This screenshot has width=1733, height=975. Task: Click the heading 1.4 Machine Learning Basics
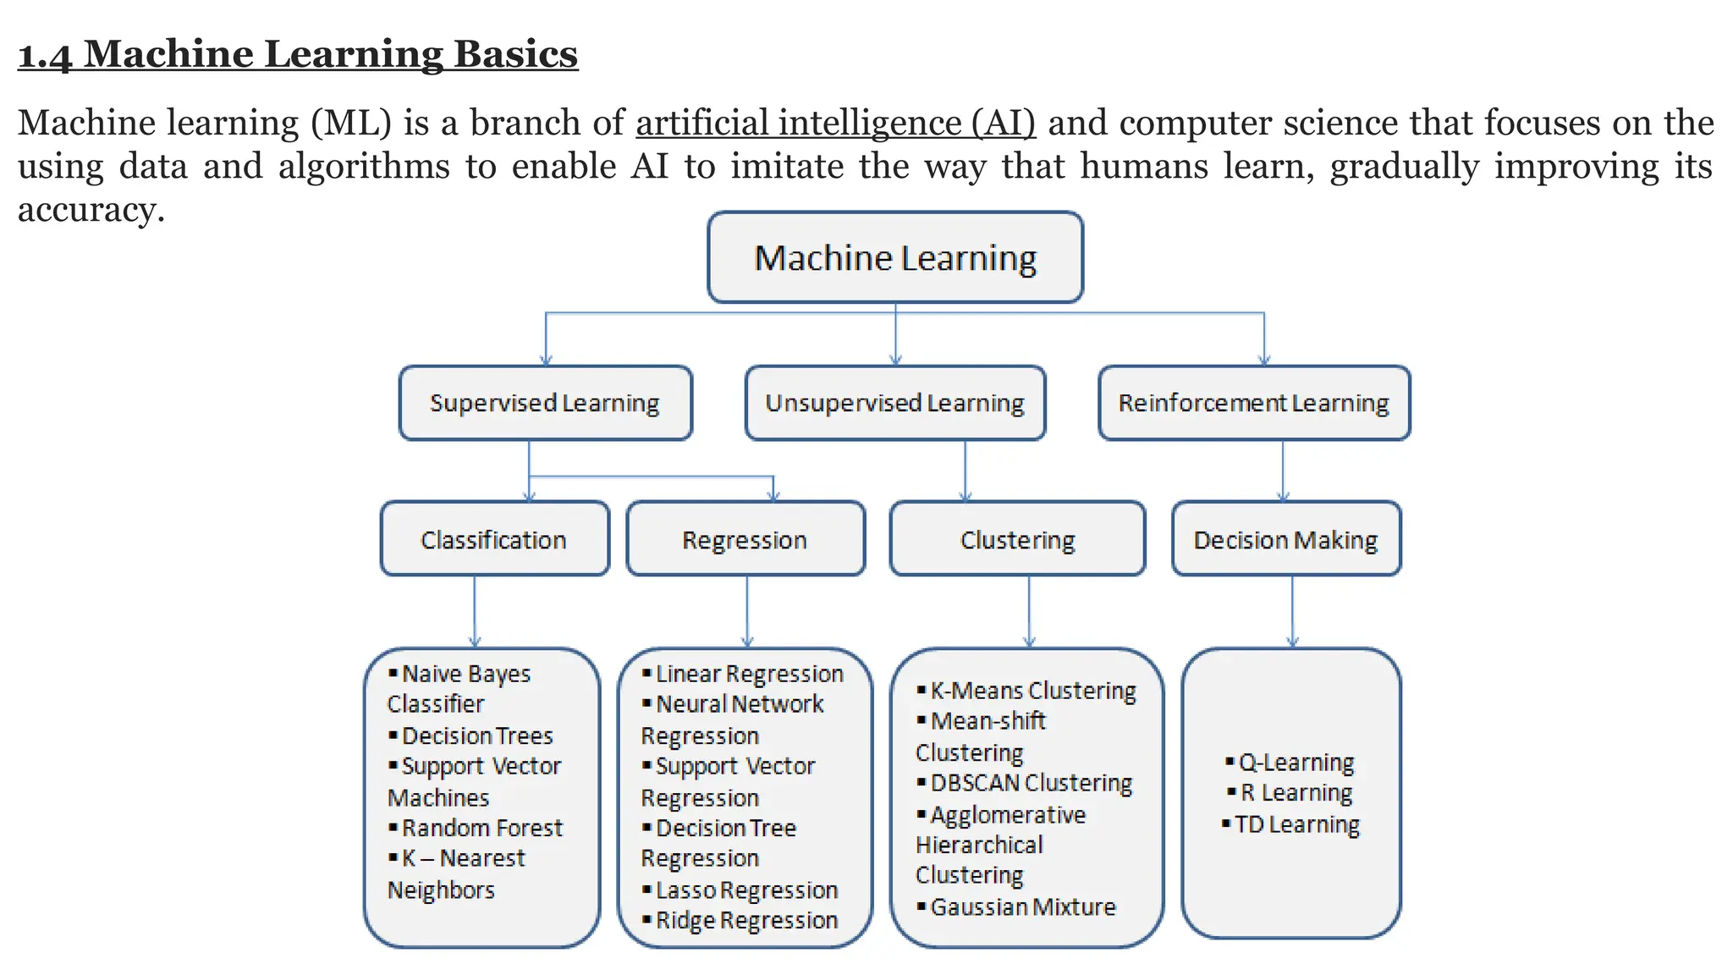click(x=298, y=54)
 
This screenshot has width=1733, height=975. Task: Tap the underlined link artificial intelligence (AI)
click(x=835, y=123)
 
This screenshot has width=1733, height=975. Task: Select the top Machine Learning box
click(x=895, y=257)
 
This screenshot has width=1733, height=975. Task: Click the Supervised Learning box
click(x=545, y=403)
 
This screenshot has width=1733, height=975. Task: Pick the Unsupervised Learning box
click(x=894, y=403)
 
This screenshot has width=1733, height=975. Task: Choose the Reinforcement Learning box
click(x=1253, y=403)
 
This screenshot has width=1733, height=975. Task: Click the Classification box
click(x=494, y=539)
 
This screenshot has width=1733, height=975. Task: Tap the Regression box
click(x=745, y=539)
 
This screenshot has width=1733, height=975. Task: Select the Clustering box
click(x=1017, y=539)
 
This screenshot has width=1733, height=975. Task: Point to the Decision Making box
click(x=1285, y=539)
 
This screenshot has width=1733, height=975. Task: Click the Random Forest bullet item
click(x=481, y=828)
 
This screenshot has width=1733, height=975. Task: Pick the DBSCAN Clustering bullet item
click(x=1031, y=784)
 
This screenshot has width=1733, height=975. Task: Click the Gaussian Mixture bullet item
click(x=1022, y=907)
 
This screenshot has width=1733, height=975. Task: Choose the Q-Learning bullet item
click(x=1296, y=763)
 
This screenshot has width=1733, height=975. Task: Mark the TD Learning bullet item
click(x=1296, y=824)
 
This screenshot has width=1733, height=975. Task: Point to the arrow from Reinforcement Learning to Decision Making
click(x=1283, y=471)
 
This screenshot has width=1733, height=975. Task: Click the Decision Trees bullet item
click(x=477, y=736)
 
